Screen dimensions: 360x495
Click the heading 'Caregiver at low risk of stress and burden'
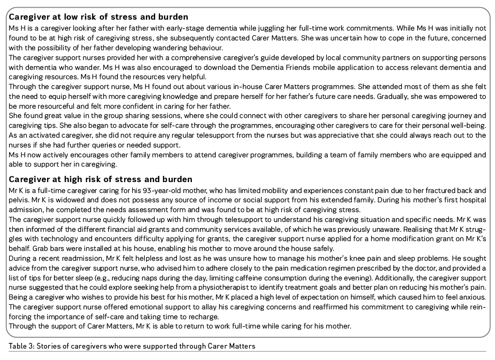98,17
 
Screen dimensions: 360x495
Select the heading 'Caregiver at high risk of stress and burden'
100,179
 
